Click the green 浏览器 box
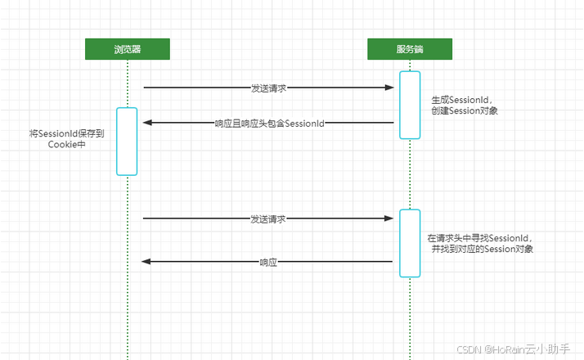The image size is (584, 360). (x=128, y=49)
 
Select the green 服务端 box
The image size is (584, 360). (x=409, y=49)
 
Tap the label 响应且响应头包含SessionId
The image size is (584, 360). (x=270, y=124)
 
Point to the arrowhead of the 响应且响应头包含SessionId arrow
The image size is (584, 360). (x=147, y=123)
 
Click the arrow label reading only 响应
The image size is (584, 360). (x=269, y=263)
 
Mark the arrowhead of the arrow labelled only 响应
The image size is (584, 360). (x=146, y=261)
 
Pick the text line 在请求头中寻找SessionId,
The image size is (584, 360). (x=480, y=237)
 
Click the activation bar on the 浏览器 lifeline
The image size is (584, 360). (x=127, y=141)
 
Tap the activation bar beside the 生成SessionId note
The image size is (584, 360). (x=410, y=105)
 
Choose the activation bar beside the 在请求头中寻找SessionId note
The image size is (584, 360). (x=410, y=243)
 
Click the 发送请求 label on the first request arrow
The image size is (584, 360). (x=269, y=88)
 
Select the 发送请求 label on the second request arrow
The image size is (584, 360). (x=268, y=219)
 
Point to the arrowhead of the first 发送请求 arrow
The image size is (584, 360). (x=391, y=87)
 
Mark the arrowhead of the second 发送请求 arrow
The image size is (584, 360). (x=390, y=218)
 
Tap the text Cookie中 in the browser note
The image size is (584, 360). (x=67, y=145)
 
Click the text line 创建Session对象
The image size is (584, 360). (x=465, y=110)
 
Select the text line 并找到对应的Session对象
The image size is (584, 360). (x=483, y=248)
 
